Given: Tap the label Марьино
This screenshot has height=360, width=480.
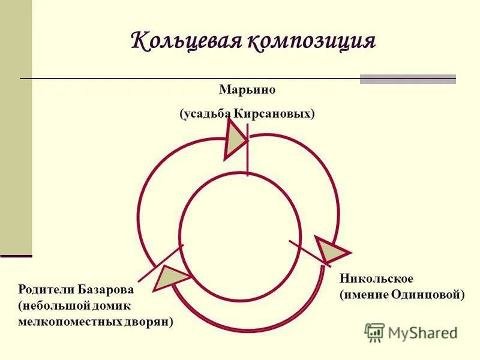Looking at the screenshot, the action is [247, 90].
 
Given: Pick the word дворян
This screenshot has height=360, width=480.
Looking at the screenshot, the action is [152, 322].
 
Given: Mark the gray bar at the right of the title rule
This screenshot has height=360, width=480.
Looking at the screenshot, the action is [407, 79].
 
